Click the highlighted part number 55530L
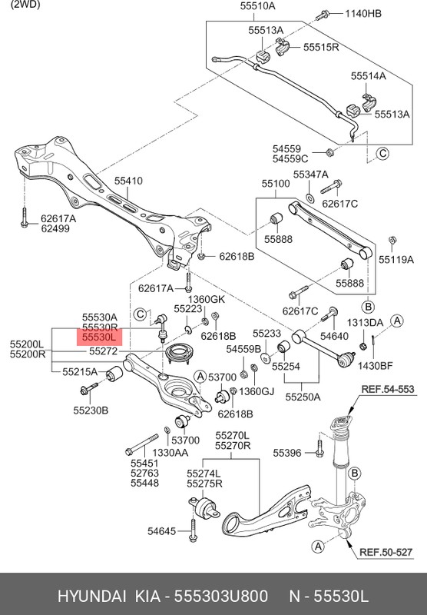100,337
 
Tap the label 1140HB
363,13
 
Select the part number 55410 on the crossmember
128,181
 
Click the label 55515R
321,47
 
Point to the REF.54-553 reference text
387,389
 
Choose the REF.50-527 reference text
386,552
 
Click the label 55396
287,453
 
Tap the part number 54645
162,531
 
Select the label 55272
104,351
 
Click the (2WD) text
25,5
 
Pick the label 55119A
396,259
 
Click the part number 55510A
258,6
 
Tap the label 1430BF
375,366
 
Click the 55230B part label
91,411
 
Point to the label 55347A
311,175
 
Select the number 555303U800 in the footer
221,597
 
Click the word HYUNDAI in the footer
91,597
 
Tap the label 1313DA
365,322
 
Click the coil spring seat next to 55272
180,354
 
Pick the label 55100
276,184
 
